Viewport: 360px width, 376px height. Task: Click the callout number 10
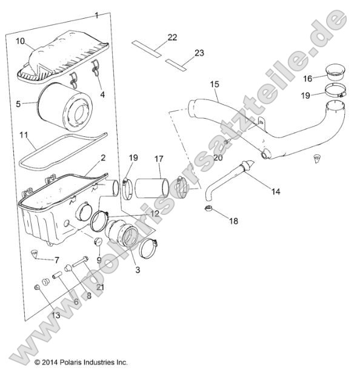click(20, 42)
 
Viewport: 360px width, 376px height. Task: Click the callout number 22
click(172, 38)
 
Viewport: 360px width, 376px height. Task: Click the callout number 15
click(215, 85)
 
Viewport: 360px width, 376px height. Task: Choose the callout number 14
click(276, 192)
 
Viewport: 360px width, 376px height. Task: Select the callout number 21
click(101, 286)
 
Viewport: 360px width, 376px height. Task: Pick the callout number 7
click(56, 260)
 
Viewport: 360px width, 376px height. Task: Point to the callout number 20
click(219, 157)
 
